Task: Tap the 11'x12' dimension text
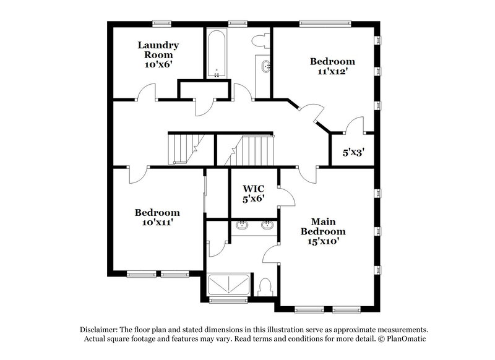pyautogui.click(x=332, y=72)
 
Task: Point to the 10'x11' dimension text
pyautogui.click(x=157, y=223)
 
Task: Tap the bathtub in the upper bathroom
pyautogui.click(x=216, y=54)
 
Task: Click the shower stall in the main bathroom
pyautogui.click(x=228, y=285)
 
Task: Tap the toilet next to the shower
pyautogui.click(x=265, y=288)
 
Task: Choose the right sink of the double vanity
pyautogui.click(x=267, y=226)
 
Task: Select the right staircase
pyautogui.click(x=251, y=150)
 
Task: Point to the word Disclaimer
pyautogui.click(x=101, y=330)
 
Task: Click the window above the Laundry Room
pyautogui.click(x=162, y=24)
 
